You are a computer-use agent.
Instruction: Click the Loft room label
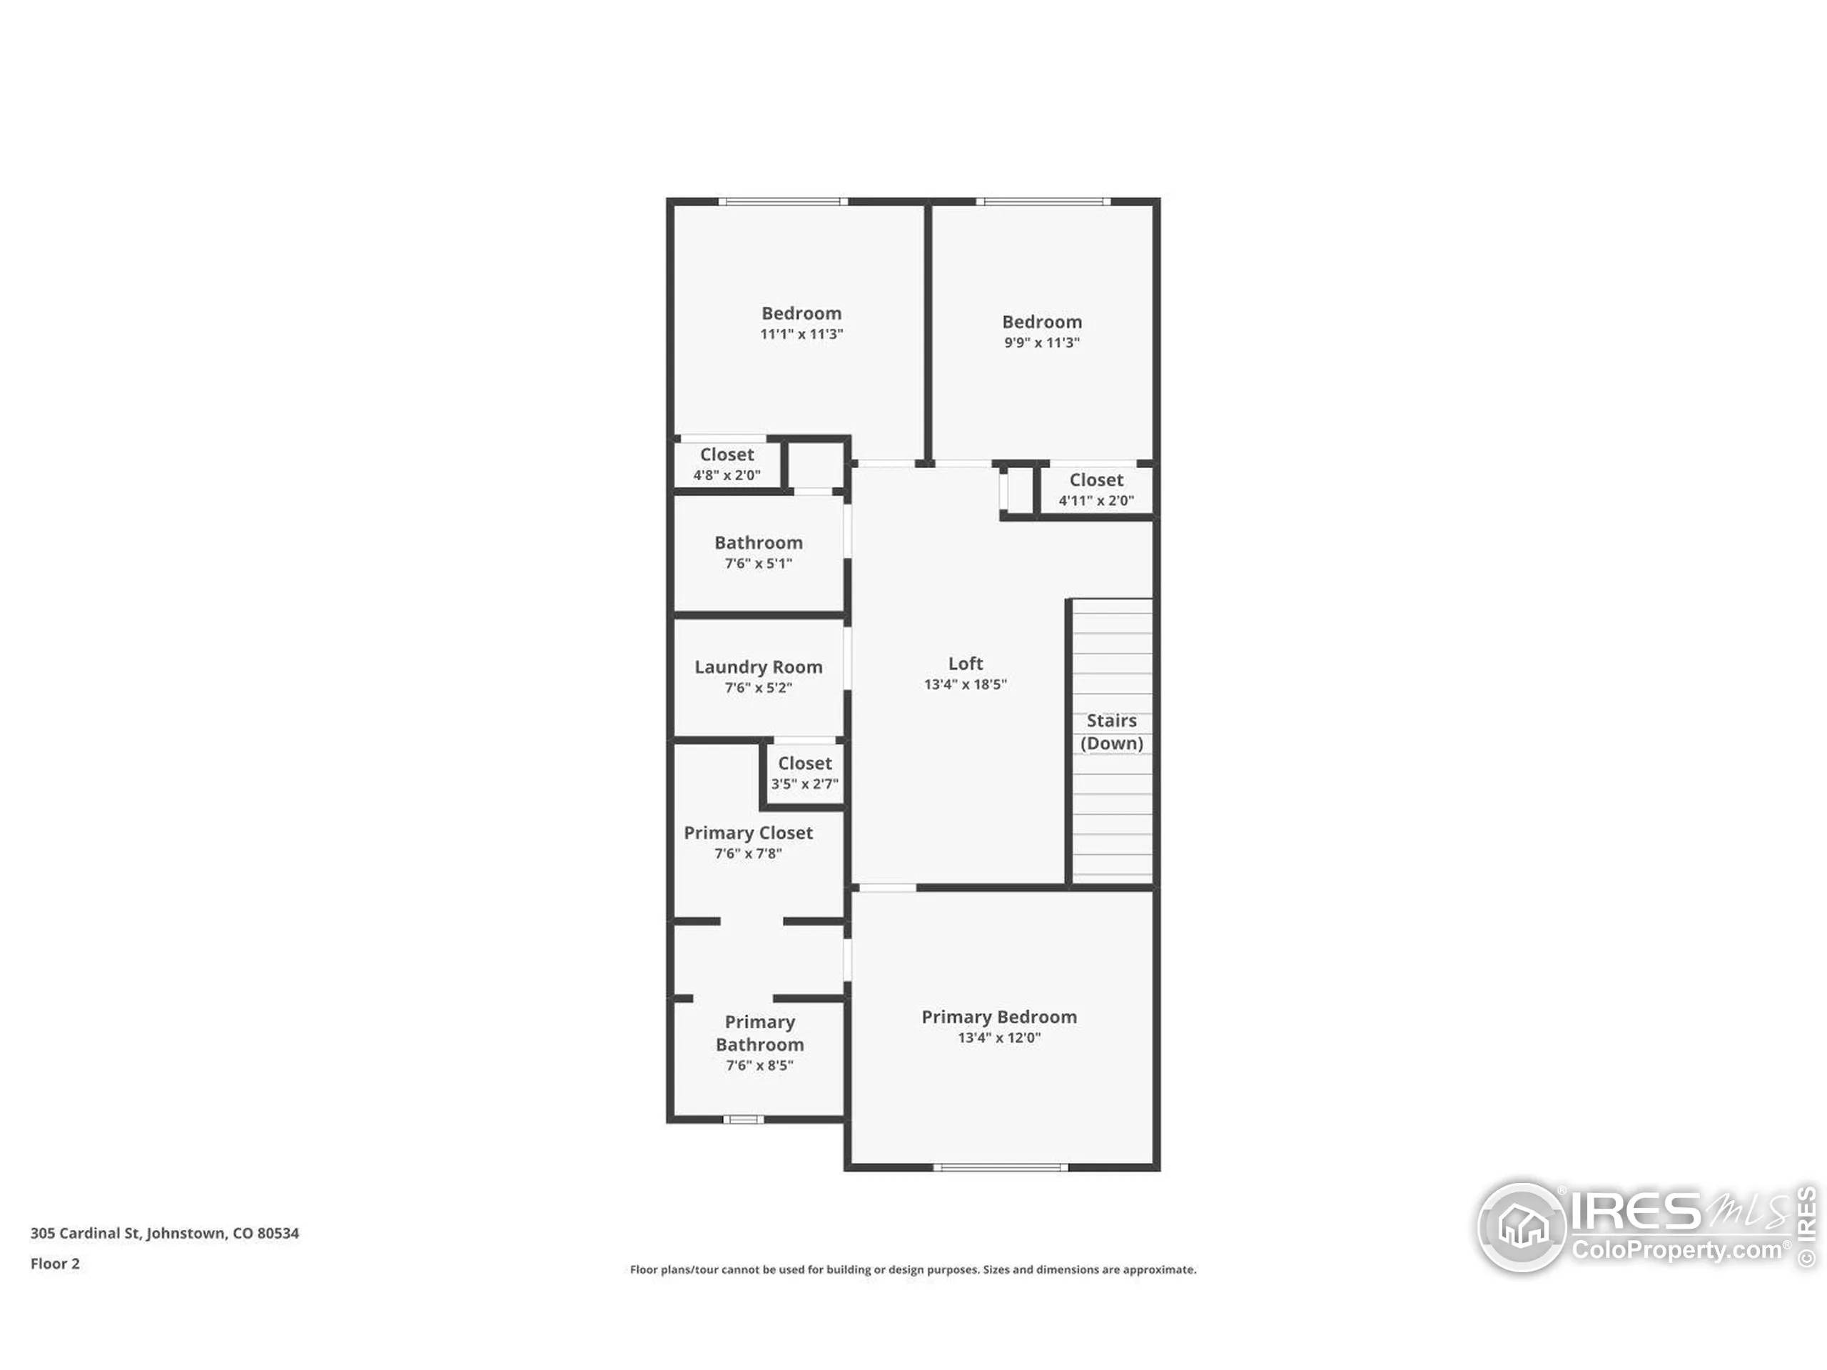point(965,663)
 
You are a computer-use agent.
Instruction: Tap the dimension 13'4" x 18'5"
point(965,684)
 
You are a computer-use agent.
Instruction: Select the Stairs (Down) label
point(1111,731)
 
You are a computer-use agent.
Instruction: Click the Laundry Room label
point(757,666)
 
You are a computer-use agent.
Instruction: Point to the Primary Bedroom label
point(998,1017)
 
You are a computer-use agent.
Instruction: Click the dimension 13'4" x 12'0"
point(998,1037)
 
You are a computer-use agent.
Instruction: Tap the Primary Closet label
point(747,833)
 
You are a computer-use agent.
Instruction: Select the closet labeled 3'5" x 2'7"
point(804,773)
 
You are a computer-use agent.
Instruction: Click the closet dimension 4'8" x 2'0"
point(726,475)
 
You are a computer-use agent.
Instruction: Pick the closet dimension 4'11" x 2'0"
point(1095,500)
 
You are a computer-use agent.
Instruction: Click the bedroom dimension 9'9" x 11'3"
point(1041,342)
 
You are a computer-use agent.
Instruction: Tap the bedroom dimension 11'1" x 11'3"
point(801,334)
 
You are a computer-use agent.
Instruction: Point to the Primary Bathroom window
point(742,1119)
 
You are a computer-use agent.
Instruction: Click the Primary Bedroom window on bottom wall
point(1001,1167)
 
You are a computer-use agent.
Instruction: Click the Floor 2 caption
point(54,1263)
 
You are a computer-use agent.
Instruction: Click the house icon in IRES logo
point(1522,1227)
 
